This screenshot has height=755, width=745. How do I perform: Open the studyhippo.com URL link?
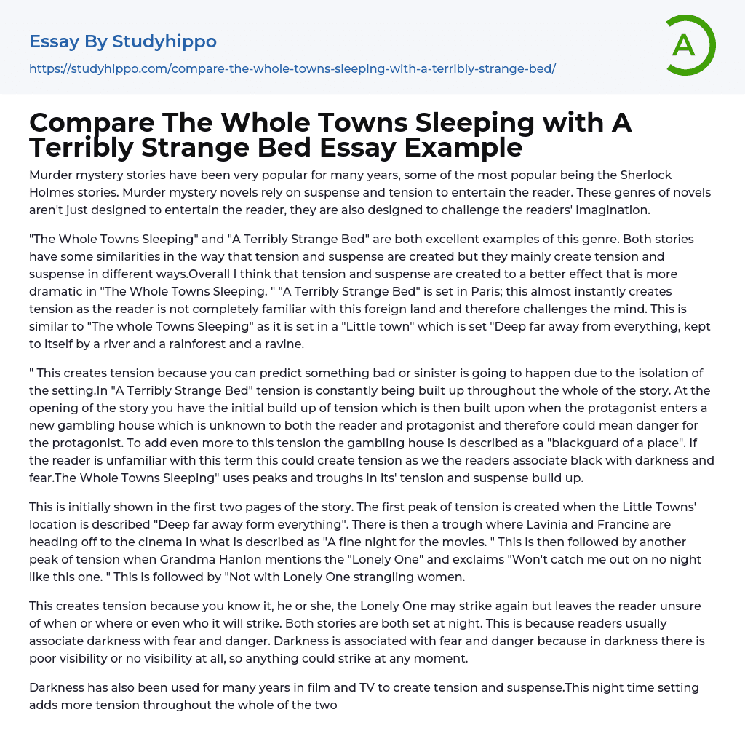click(x=292, y=68)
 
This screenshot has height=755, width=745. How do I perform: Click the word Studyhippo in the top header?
click(x=164, y=41)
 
